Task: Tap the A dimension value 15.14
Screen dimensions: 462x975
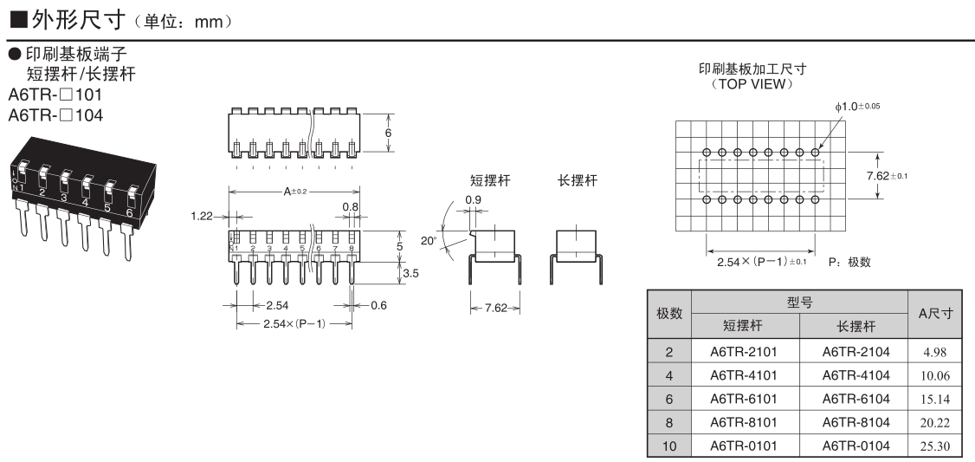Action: pyautogui.click(x=936, y=400)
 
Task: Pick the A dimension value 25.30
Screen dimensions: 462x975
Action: pyautogui.click(x=936, y=447)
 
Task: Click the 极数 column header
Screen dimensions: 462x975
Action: pyautogui.click(x=668, y=313)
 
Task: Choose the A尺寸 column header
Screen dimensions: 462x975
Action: pyautogui.click(x=936, y=313)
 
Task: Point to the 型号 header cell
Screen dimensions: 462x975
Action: pyautogui.click(x=799, y=301)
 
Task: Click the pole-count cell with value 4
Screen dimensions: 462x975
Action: pyautogui.click(x=668, y=375)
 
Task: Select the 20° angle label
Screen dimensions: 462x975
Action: pyautogui.click(x=429, y=241)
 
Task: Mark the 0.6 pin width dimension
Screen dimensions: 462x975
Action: pyautogui.click(x=378, y=305)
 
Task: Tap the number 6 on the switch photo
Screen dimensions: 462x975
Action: pyautogui.click(x=129, y=211)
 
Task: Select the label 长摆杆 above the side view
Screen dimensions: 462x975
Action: pyautogui.click(x=578, y=181)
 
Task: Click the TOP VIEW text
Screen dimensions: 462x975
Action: pyautogui.click(x=751, y=84)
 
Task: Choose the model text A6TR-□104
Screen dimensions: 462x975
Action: pyautogui.click(x=55, y=114)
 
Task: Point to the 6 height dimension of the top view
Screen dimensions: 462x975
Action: pyautogui.click(x=389, y=133)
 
